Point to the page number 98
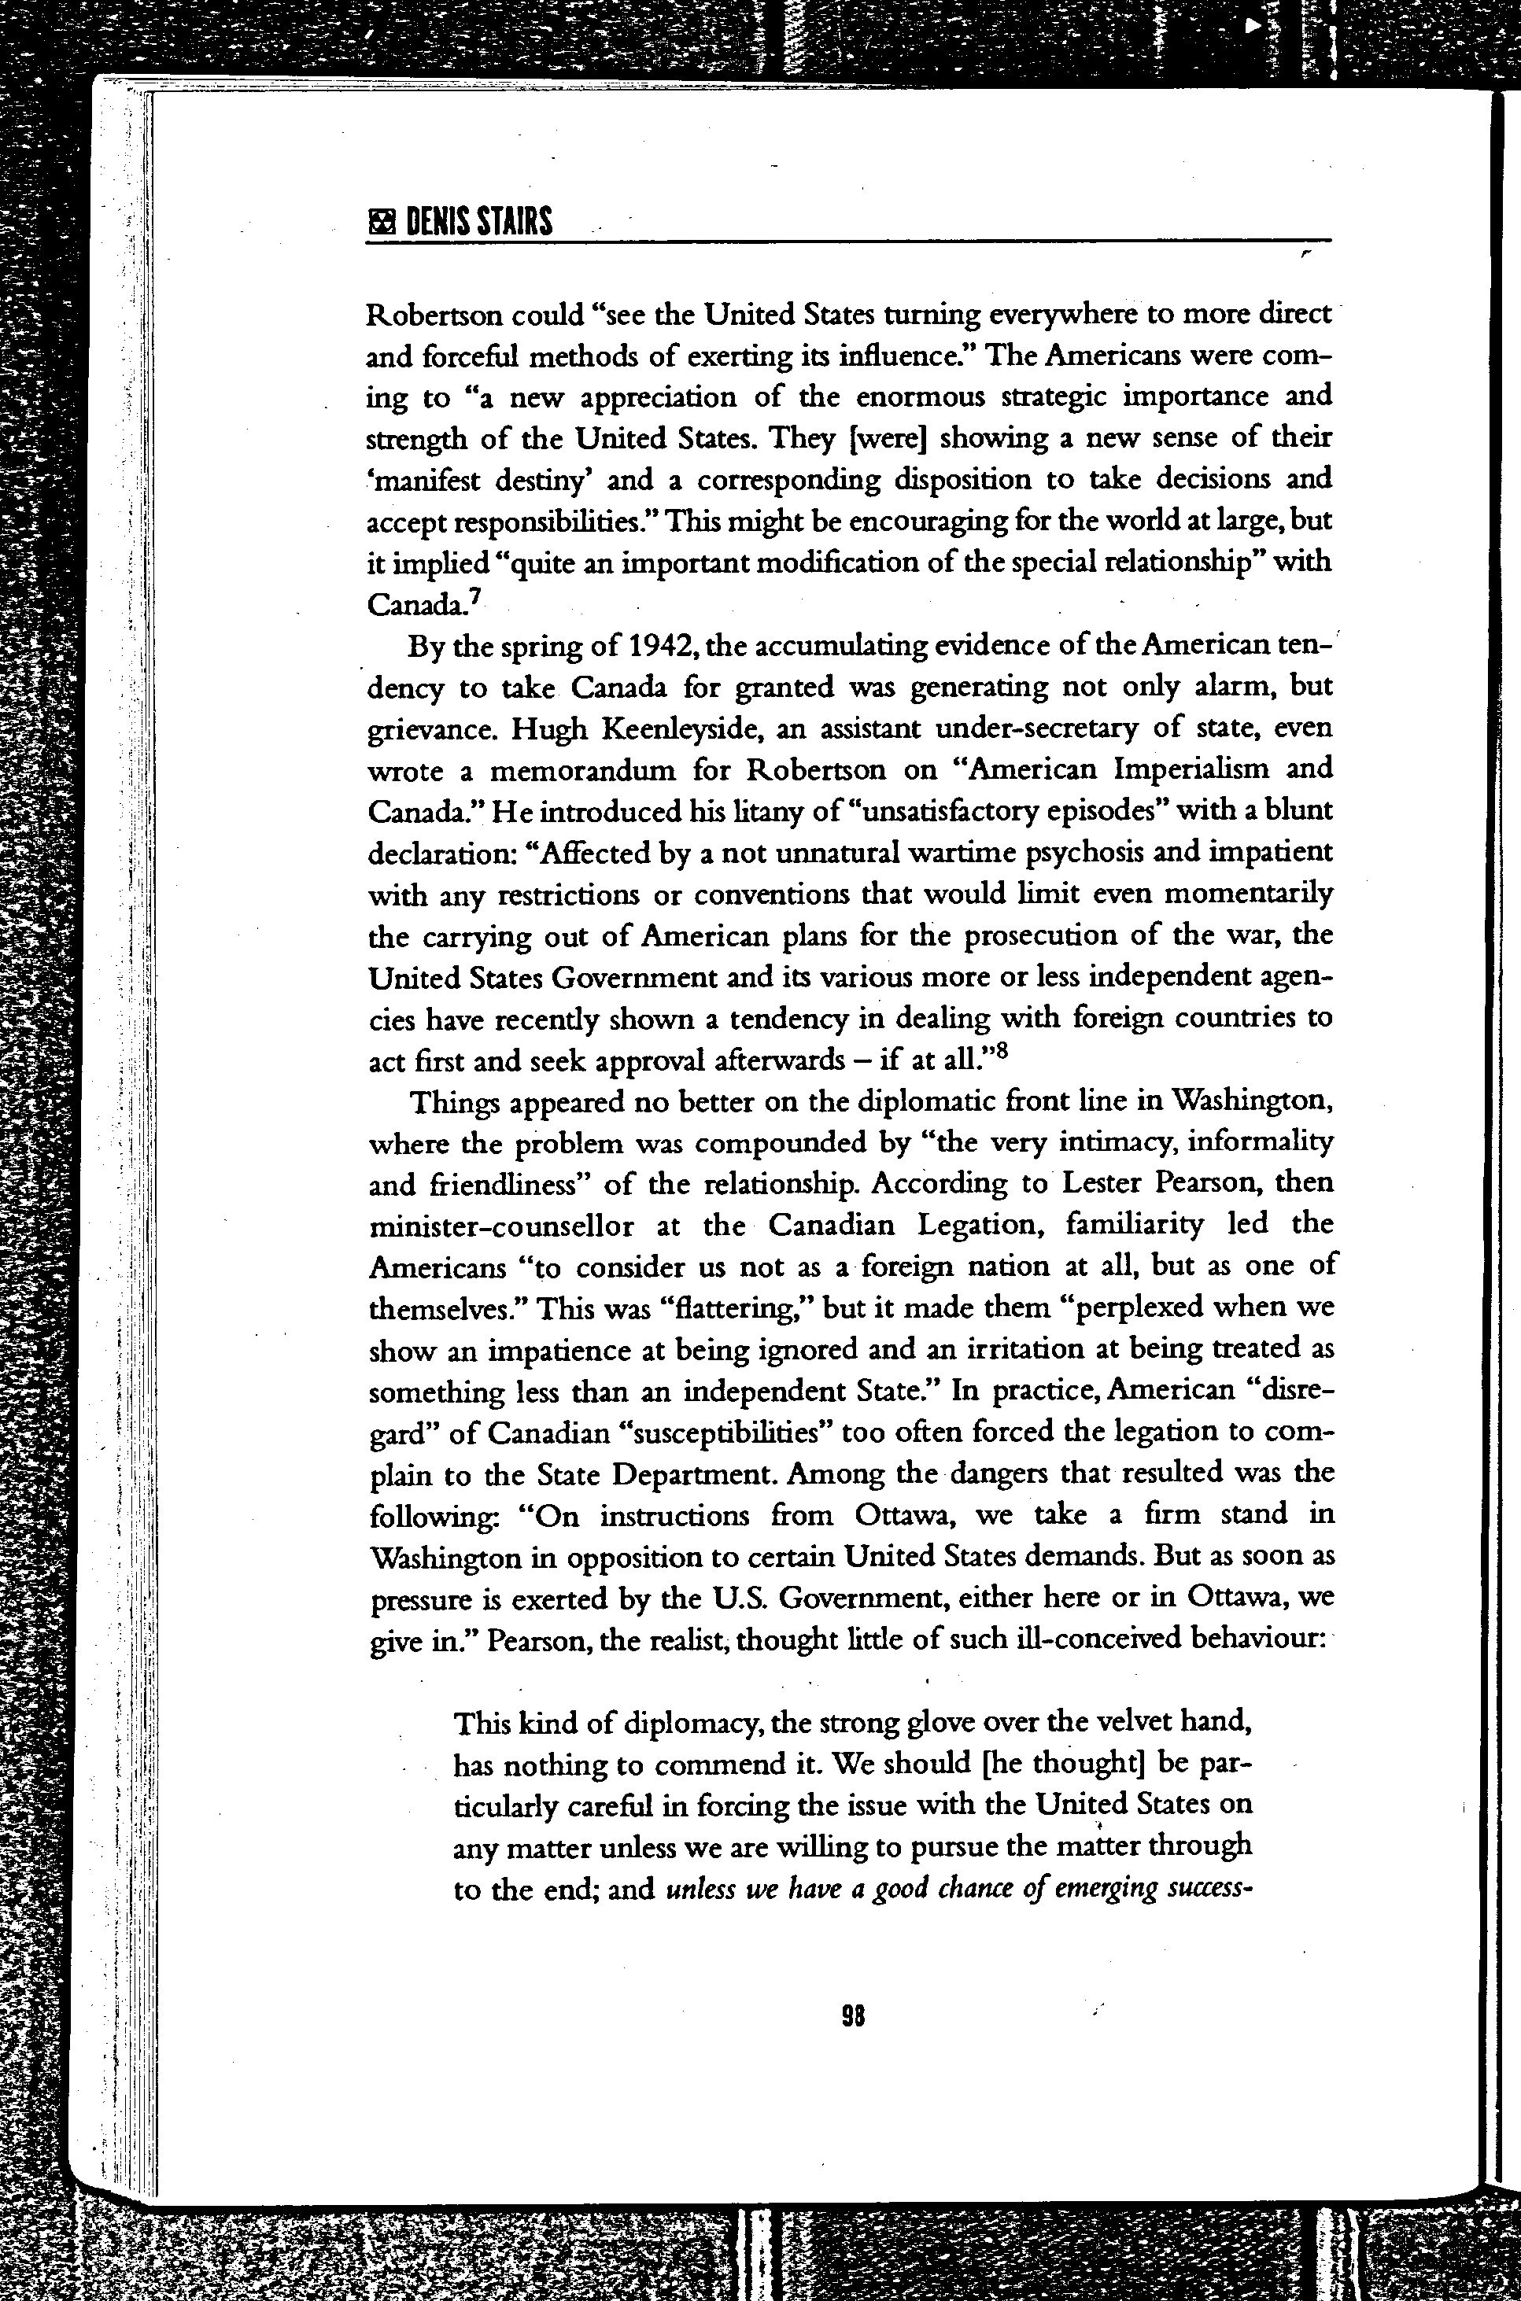[x=853, y=2017]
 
